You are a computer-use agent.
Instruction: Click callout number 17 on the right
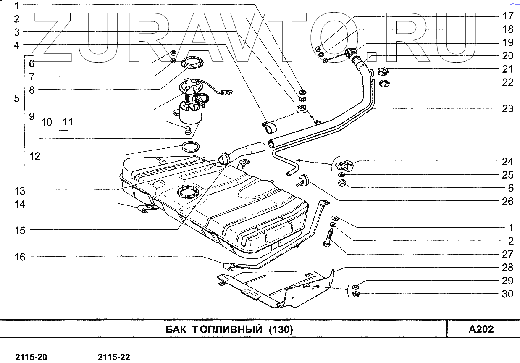pos(508,16)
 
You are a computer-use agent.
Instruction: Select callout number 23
pos(508,109)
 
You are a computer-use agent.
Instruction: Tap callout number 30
pos(508,294)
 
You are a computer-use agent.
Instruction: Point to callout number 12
pos(35,156)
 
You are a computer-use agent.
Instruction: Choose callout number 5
pos(16,99)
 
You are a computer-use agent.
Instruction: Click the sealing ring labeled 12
pos(190,147)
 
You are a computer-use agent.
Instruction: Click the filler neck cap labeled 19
pos(350,54)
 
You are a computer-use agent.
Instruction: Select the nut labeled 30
pos(355,294)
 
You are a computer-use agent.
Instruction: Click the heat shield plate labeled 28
pos(277,288)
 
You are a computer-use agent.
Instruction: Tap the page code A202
pos(481,329)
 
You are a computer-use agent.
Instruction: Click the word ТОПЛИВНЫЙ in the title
pos(227,329)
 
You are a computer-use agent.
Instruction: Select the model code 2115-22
pos(114,358)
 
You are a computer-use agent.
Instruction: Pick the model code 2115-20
pos(32,358)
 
